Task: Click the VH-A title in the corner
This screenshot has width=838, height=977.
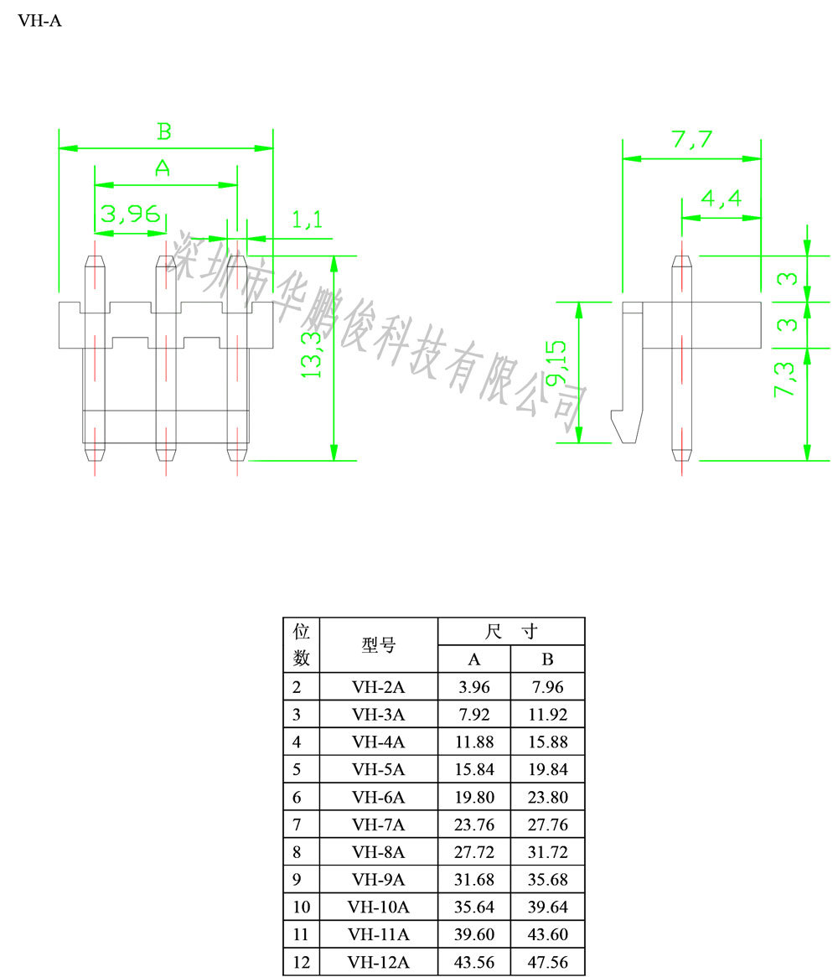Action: point(39,21)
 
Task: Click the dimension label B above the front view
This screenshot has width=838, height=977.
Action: point(164,132)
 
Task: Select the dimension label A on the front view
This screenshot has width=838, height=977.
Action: point(163,168)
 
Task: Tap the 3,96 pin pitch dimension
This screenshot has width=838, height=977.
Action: point(130,215)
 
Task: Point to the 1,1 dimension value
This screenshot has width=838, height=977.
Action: point(307,220)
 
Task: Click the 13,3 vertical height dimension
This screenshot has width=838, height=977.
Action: point(313,353)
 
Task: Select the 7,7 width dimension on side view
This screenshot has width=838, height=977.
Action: point(691,140)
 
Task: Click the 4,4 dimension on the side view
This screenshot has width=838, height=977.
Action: point(721,199)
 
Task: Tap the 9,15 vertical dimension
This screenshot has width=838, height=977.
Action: point(556,362)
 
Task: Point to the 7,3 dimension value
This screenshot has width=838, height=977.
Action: point(787,380)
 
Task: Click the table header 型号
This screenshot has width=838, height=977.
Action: point(379,645)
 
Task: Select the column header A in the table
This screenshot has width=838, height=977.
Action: point(474,659)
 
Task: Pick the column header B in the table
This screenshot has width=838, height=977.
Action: point(547,659)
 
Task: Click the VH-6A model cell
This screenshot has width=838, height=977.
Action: point(379,797)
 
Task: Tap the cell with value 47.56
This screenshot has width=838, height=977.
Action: point(547,963)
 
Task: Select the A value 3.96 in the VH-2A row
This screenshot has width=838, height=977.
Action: point(474,688)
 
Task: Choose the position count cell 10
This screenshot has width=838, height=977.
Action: point(302,907)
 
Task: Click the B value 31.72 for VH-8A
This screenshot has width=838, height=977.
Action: point(547,852)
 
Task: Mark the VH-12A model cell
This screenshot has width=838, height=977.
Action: point(379,963)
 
